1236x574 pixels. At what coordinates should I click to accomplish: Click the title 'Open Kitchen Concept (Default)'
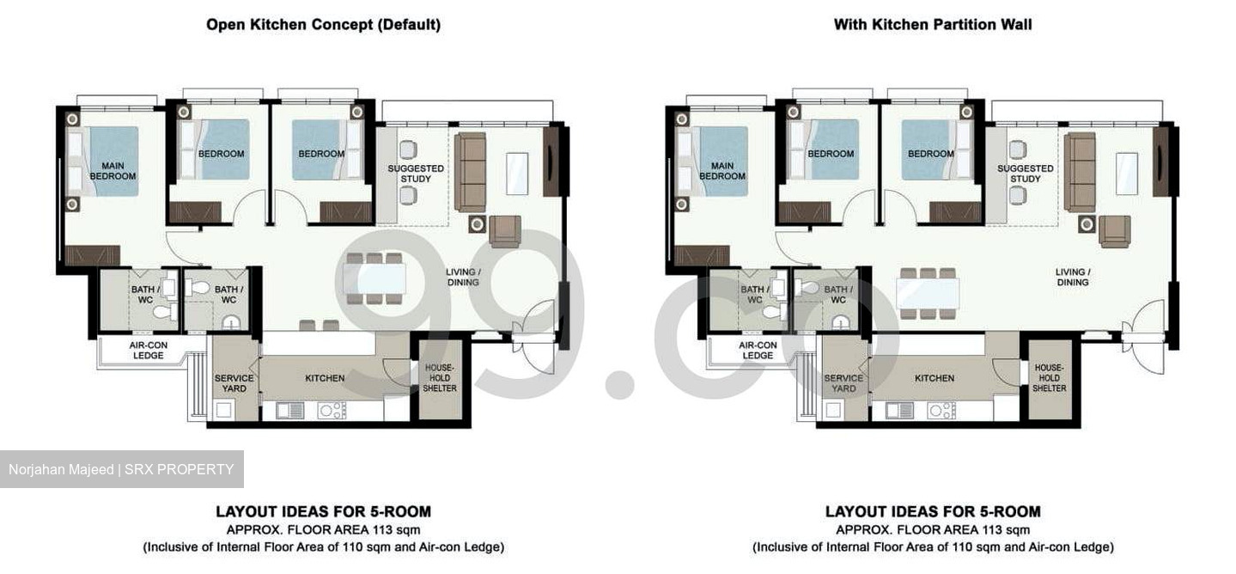point(323,25)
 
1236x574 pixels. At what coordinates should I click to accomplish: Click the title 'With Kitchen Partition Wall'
point(933,25)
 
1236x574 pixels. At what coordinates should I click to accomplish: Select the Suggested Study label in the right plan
point(1025,174)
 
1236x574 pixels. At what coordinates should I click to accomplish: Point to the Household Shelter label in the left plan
point(439,378)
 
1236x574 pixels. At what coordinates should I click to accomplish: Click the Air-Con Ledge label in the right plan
point(758,351)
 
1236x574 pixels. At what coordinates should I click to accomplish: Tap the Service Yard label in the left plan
point(234,383)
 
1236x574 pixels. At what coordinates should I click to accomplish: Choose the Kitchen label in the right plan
point(935,378)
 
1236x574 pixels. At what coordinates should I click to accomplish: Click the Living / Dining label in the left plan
point(462,278)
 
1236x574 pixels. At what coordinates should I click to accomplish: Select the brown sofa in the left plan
point(470,172)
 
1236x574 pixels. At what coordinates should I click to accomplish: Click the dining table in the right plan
point(928,293)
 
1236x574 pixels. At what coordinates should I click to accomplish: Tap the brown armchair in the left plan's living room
point(505,230)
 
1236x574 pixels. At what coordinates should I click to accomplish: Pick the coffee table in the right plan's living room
point(1127,174)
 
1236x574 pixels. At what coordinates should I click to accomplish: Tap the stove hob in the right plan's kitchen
point(941,411)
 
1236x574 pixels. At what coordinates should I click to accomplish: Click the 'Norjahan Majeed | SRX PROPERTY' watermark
point(121,469)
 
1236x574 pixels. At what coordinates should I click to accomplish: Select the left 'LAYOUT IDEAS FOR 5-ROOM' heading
point(323,511)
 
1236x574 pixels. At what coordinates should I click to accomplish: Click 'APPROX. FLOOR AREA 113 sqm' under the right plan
point(933,529)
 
